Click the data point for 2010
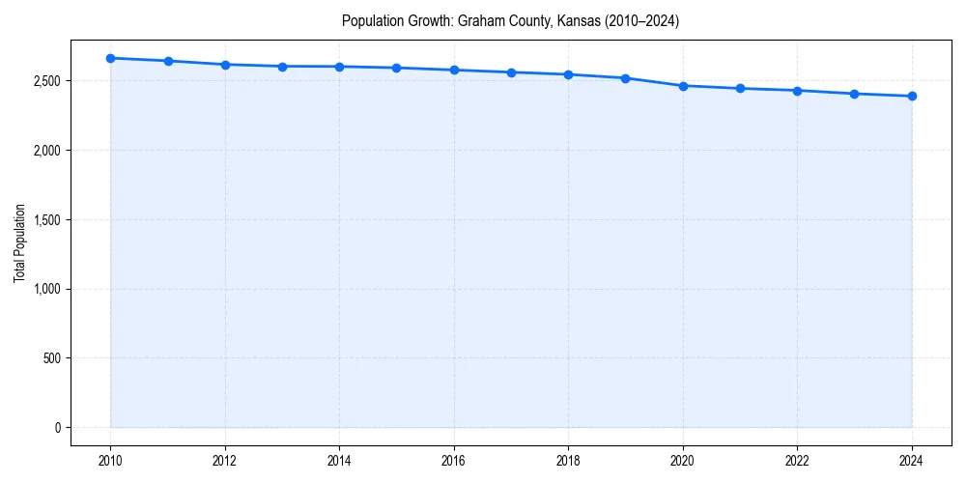tap(111, 58)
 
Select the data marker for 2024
tap(912, 96)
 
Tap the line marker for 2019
tap(626, 78)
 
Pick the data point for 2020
tap(683, 86)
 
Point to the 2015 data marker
tap(397, 68)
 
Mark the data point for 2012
tap(225, 65)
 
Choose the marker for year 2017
tap(511, 72)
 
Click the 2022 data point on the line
tap(797, 91)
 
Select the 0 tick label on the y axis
tap(58, 428)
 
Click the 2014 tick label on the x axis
tap(339, 461)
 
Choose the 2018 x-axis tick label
tap(568, 461)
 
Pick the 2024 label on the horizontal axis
tap(912, 461)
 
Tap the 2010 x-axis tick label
tap(111, 461)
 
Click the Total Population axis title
tap(19, 242)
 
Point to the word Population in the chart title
tap(371, 20)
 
